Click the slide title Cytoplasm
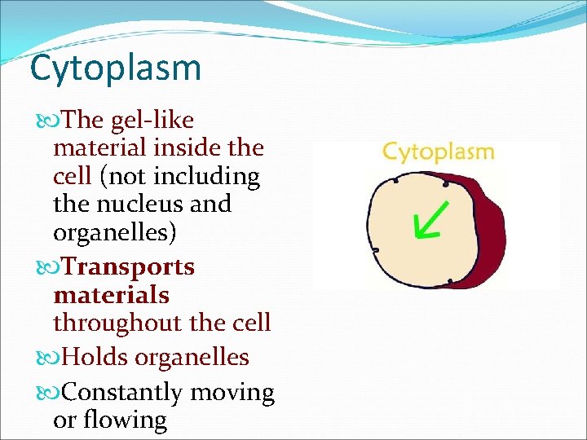point(115,69)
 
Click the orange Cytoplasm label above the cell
point(438,152)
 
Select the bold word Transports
point(129,267)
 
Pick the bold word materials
point(111,295)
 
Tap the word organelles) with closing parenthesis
point(114,232)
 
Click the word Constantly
point(122,393)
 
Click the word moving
point(232,393)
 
